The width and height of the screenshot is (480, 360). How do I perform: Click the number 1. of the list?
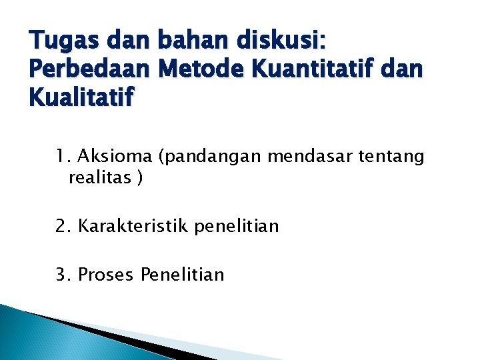pyautogui.click(x=63, y=157)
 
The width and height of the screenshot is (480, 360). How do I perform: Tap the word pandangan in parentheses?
pyautogui.click(x=212, y=157)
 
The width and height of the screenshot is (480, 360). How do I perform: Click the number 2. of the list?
pyautogui.click(x=64, y=227)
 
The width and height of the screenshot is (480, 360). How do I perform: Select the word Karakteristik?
pyautogui.click(x=134, y=227)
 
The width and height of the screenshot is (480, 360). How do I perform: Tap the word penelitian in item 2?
pyautogui.click(x=237, y=227)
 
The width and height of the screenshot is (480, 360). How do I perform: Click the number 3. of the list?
pyautogui.click(x=64, y=275)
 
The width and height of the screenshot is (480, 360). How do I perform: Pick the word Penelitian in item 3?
pyautogui.click(x=183, y=275)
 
